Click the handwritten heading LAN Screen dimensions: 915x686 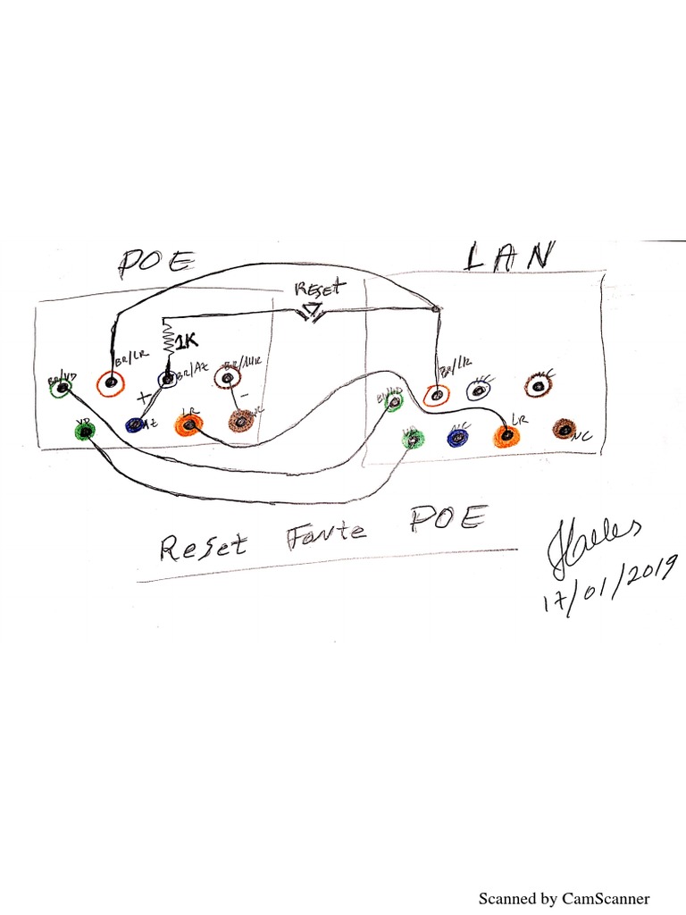[508, 256]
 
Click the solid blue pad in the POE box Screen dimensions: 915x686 [136, 425]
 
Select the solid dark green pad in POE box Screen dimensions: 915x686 [85, 432]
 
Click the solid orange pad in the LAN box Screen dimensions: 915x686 [506, 435]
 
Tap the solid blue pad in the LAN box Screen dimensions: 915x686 [456, 436]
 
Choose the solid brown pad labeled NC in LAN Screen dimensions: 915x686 [565, 428]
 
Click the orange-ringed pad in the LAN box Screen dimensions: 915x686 [435, 394]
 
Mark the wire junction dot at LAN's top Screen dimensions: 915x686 [436, 309]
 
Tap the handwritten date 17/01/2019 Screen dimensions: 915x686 [609, 582]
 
